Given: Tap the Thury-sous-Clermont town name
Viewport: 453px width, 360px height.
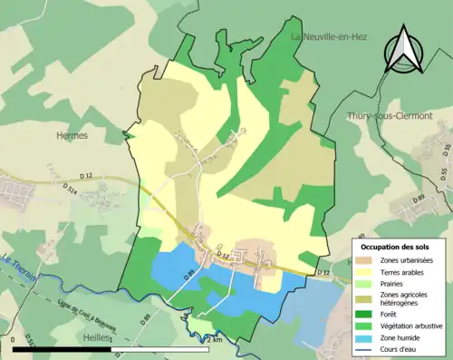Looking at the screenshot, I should point(390,116).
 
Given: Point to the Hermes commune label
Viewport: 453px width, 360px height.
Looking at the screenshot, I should point(72,135).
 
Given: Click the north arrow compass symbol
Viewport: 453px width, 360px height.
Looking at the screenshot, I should point(404,51).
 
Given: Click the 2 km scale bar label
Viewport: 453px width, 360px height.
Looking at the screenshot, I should point(215,339).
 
